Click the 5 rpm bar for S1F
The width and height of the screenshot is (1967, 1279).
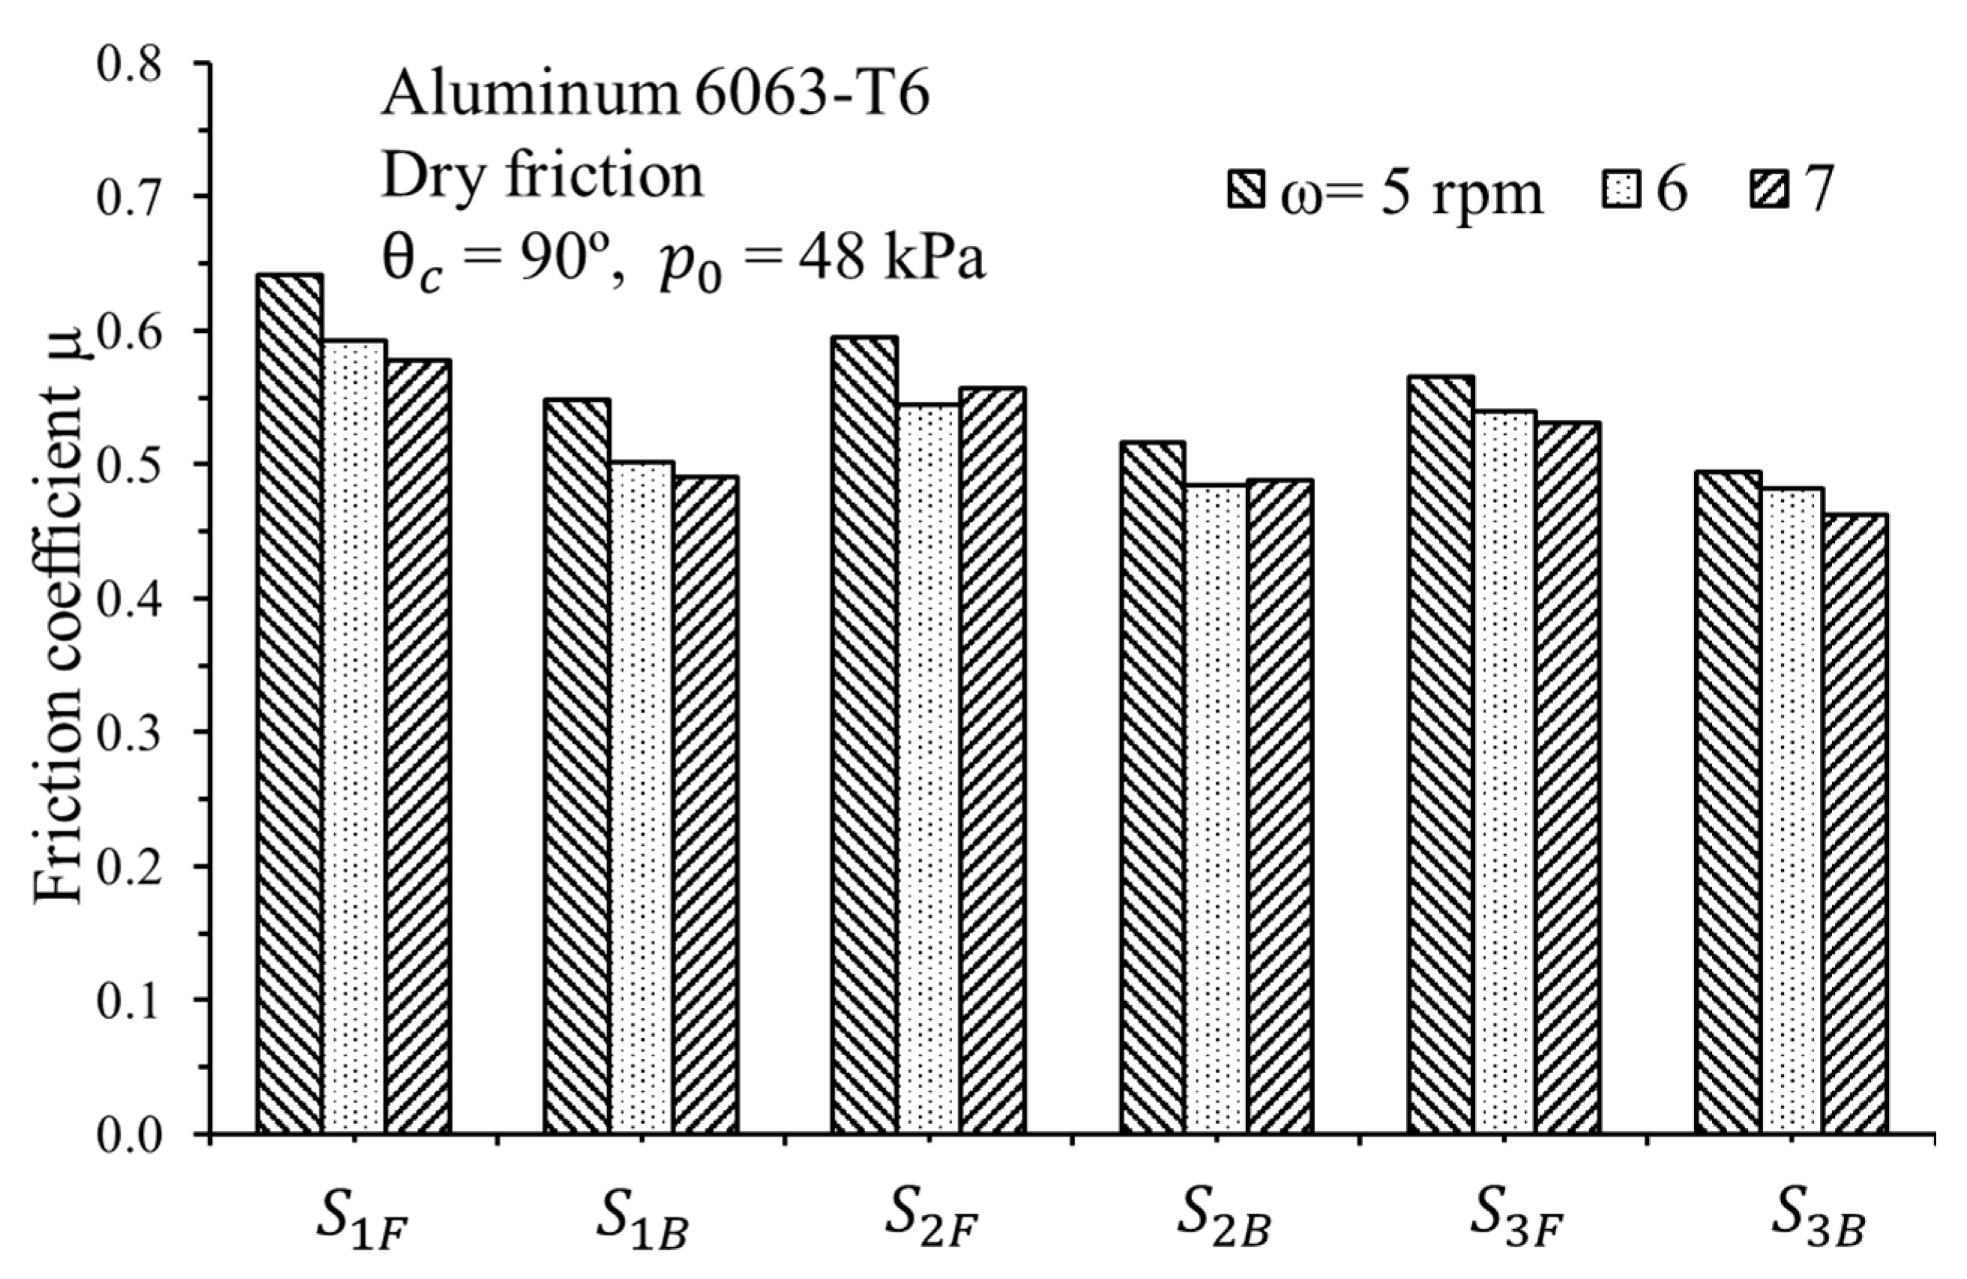pos(289,702)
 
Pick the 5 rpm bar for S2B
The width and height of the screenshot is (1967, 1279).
pos(1152,786)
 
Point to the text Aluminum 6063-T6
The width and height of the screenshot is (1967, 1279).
pos(654,109)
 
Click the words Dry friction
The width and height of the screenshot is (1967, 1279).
pos(542,176)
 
